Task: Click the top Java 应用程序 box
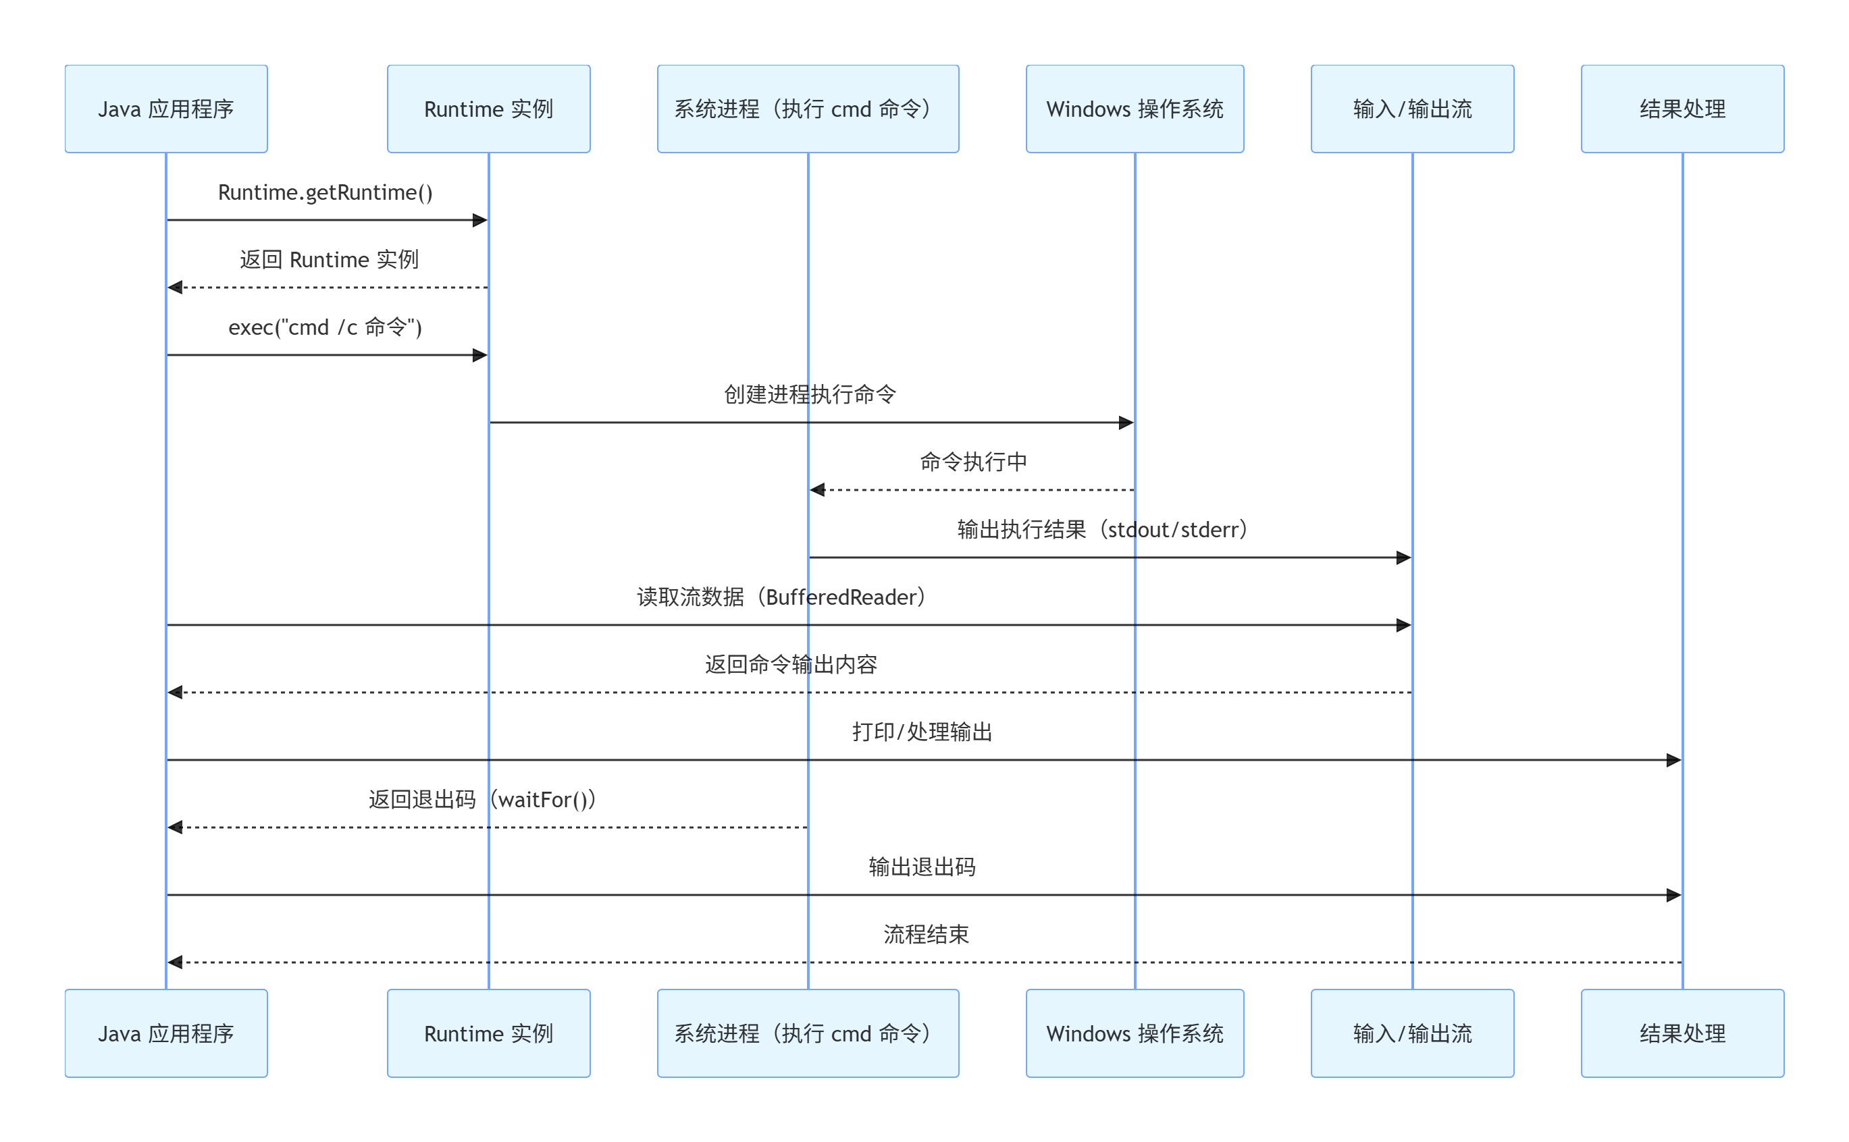tap(165, 109)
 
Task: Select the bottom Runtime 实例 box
tap(488, 1033)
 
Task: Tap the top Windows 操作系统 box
tap(1135, 109)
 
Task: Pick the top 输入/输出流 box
tap(1411, 109)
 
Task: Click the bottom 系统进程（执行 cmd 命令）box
tap(807, 1033)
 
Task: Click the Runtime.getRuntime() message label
tap(325, 192)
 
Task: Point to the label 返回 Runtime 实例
tap(329, 260)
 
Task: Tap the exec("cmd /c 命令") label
tap(325, 327)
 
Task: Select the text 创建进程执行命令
tap(809, 394)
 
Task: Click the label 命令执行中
tap(972, 462)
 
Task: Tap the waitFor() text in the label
tap(542, 799)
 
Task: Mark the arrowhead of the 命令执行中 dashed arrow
tap(817, 489)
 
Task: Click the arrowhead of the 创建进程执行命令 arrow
tap(1125, 423)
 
